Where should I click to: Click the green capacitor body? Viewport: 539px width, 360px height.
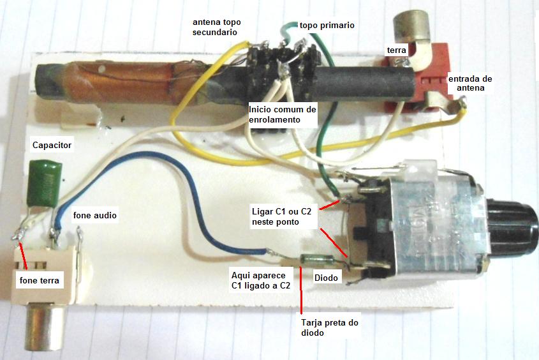pyautogui.click(x=45, y=183)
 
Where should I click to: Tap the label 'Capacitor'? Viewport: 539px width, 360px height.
pyautogui.click(x=52, y=145)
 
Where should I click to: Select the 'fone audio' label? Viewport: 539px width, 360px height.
pyautogui.click(x=95, y=215)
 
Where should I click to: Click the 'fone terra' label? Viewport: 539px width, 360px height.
pyautogui.click(x=40, y=281)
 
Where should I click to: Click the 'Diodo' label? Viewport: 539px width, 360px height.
pyautogui.click(x=326, y=278)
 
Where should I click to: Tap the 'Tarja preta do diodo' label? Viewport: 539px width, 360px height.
pyautogui.click(x=330, y=327)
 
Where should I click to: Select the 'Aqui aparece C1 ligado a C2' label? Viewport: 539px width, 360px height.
pyautogui.click(x=261, y=280)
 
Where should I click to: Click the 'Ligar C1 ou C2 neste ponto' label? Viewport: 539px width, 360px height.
pyautogui.click(x=281, y=216)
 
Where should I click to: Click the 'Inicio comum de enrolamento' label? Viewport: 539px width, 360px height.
pyautogui.click(x=282, y=114)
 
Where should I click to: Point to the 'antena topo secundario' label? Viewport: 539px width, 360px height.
pyautogui.click(x=217, y=27)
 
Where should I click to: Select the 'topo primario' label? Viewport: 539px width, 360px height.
pyautogui.click(x=327, y=25)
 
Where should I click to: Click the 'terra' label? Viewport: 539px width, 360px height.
pyautogui.click(x=396, y=50)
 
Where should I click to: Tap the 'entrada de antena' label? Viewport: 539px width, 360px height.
pyautogui.click(x=470, y=83)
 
